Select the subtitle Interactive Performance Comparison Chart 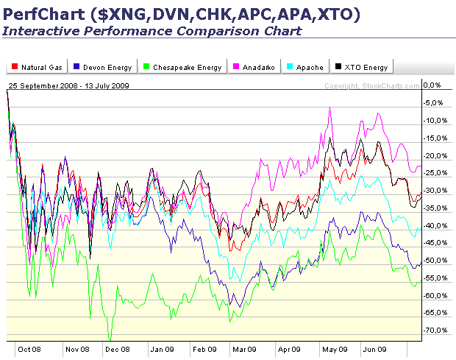pos(152,31)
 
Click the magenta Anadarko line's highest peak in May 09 pos(330,107)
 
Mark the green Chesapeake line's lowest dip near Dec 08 pos(110,339)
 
